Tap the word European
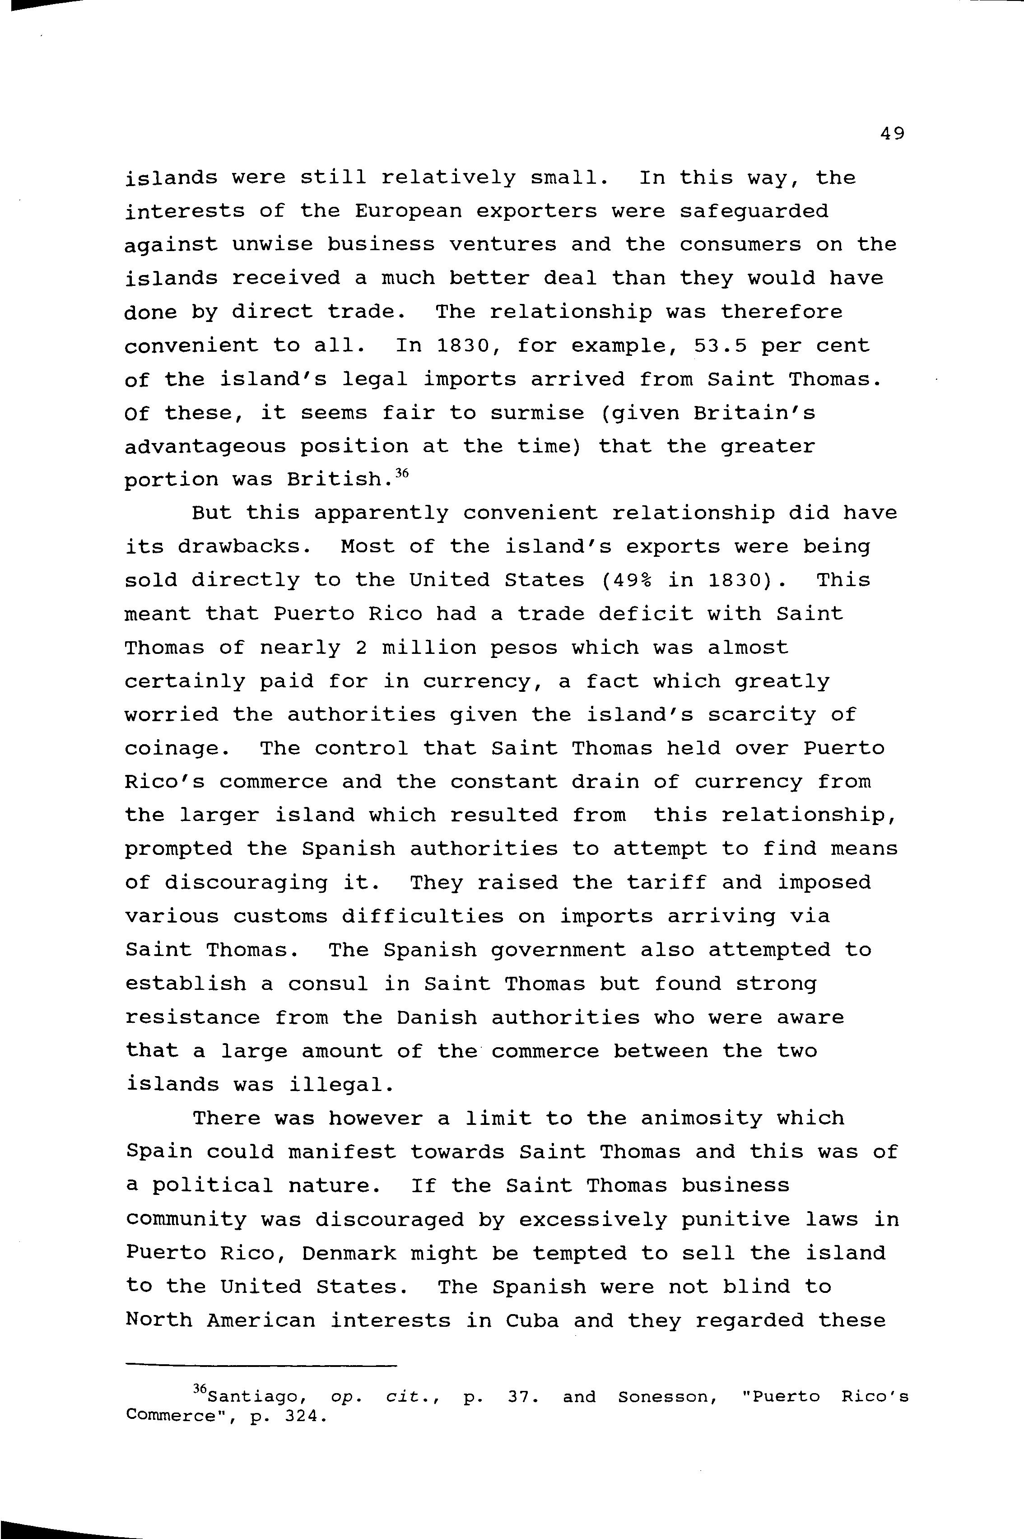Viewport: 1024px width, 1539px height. [408, 211]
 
